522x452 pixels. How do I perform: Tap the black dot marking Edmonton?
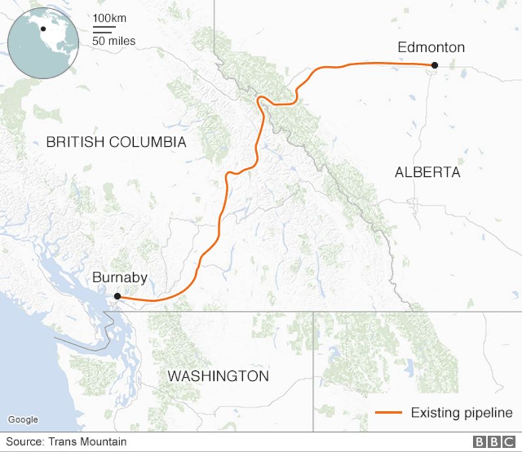click(434, 65)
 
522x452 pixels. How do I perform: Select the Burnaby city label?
click(119, 278)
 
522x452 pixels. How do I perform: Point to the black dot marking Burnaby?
click(117, 296)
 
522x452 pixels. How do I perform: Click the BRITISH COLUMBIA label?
click(116, 142)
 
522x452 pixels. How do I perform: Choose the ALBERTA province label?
click(427, 172)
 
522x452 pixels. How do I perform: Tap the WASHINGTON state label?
click(218, 376)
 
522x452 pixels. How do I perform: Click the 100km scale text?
click(110, 18)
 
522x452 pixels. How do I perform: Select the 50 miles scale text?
click(114, 41)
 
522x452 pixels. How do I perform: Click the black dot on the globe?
click(42, 28)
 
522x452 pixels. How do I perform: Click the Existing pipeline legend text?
click(461, 413)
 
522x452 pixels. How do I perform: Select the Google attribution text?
click(23, 420)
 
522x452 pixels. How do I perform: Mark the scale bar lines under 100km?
click(102, 29)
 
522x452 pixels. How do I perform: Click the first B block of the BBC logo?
click(480, 442)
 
